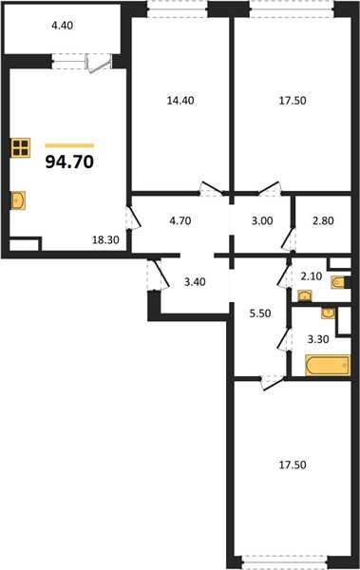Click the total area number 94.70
(x=69, y=161)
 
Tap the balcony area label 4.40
(x=62, y=26)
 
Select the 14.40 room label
(x=180, y=101)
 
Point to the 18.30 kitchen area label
(x=105, y=240)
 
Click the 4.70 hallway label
(x=180, y=220)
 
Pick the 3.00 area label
(x=262, y=220)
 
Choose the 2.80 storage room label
(x=323, y=220)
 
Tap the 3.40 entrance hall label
(x=195, y=282)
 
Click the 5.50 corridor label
(x=260, y=313)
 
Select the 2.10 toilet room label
(x=312, y=276)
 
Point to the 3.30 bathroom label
(x=318, y=339)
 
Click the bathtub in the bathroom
(x=328, y=365)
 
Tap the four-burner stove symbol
(x=20, y=147)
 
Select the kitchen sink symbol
(x=18, y=200)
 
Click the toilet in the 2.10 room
(x=338, y=282)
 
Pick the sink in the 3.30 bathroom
(x=329, y=313)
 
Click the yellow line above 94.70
(x=69, y=145)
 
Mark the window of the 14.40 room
(x=178, y=9)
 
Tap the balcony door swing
(x=98, y=64)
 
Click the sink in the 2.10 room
(x=305, y=295)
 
